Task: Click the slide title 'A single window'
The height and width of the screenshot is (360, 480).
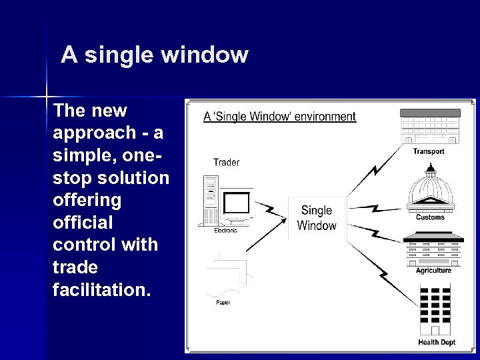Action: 154,55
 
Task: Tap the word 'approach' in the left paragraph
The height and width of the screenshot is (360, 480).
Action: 94,131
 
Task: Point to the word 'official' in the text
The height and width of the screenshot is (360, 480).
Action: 83,222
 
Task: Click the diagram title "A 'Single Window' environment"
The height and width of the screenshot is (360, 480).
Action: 279,117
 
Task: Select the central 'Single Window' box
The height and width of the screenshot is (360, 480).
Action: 317,218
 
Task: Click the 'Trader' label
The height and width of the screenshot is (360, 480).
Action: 226,162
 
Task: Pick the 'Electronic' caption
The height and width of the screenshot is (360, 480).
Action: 225,231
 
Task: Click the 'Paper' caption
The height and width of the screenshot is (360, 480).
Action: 223,303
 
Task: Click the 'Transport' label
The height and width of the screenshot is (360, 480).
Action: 429,152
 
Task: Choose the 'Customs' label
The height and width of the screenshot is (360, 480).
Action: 430,217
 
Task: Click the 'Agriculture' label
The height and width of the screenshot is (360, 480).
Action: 433,271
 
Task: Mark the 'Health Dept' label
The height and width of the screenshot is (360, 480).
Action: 437,343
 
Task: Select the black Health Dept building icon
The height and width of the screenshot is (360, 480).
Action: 437,310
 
